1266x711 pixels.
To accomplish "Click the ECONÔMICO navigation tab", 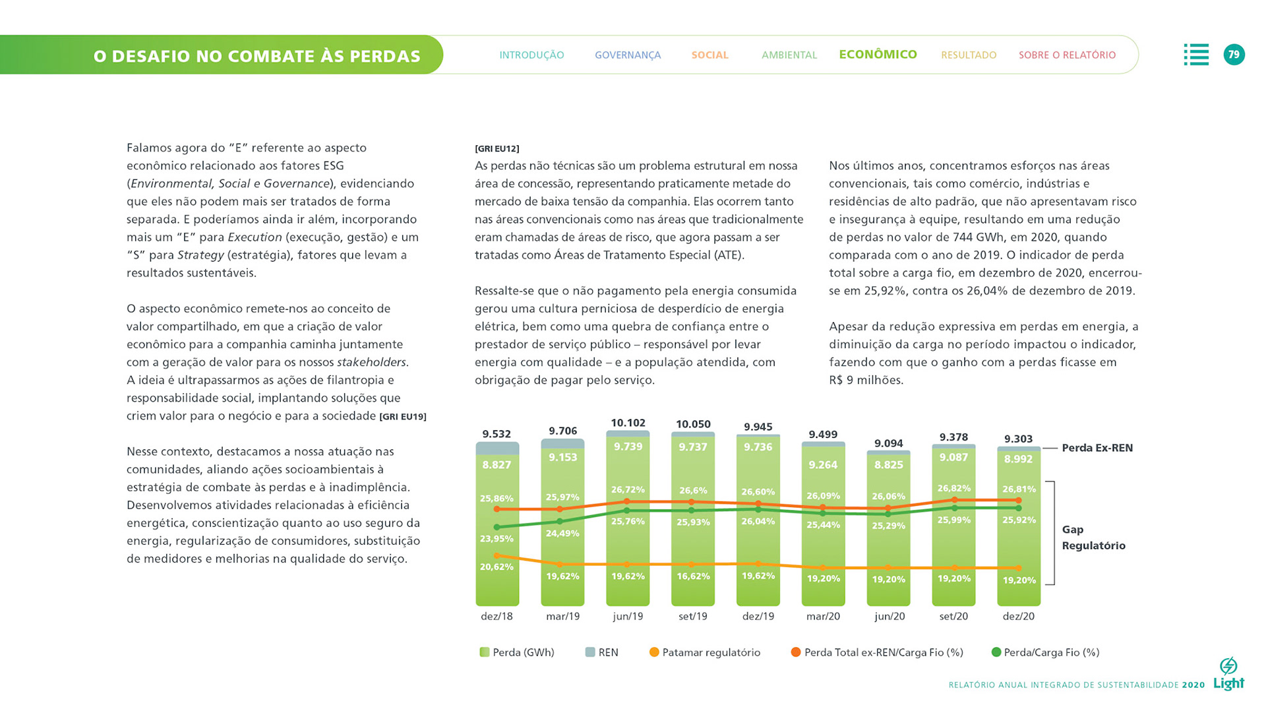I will click(878, 54).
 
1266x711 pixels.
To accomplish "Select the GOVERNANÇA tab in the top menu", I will click(627, 55).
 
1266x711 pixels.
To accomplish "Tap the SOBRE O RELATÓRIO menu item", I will click(1067, 55).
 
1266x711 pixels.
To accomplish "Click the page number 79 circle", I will click(1234, 55).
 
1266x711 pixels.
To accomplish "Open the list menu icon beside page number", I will click(1196, 55).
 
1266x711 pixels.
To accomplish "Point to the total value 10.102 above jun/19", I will click(628, 423).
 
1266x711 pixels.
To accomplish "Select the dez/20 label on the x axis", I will click(1018, 616).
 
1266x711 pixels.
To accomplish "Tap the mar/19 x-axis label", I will click(562, 616).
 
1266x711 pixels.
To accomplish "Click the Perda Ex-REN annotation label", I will click(1097, 448).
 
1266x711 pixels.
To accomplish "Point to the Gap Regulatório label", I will click(1093, 538).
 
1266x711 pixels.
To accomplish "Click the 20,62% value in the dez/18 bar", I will click(497, 567).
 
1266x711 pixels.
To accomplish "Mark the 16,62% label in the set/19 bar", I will click(693, 576).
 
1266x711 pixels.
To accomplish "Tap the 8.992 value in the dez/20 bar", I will click(1018, 459).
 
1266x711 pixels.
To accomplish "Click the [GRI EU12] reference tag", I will click(497, 148).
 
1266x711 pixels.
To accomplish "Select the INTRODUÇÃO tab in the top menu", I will click(531, 55).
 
